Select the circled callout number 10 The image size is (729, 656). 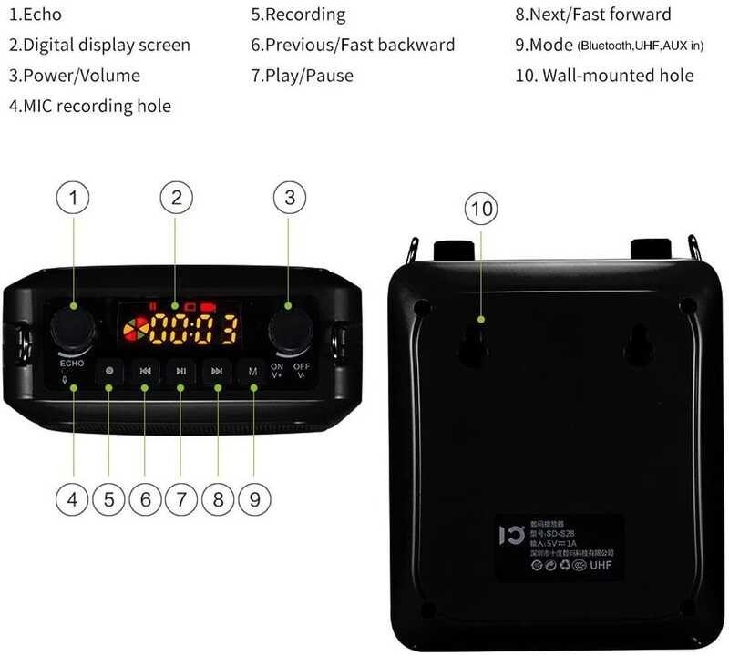(482, 210)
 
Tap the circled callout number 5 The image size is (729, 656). (108, 498)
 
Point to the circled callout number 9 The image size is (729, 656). (254, 498)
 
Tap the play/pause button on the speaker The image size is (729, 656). (181, 371)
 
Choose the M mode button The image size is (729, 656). (252, 371)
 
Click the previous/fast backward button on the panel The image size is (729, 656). (145, 371)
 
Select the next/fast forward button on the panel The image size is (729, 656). (217, 371)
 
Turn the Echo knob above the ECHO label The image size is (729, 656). (70, 327)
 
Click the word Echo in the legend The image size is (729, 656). (42, 15)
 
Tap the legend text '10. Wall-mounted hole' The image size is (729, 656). (604, 75)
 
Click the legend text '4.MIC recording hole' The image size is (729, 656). (90, 106)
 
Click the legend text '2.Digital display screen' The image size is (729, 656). (100, 45)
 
